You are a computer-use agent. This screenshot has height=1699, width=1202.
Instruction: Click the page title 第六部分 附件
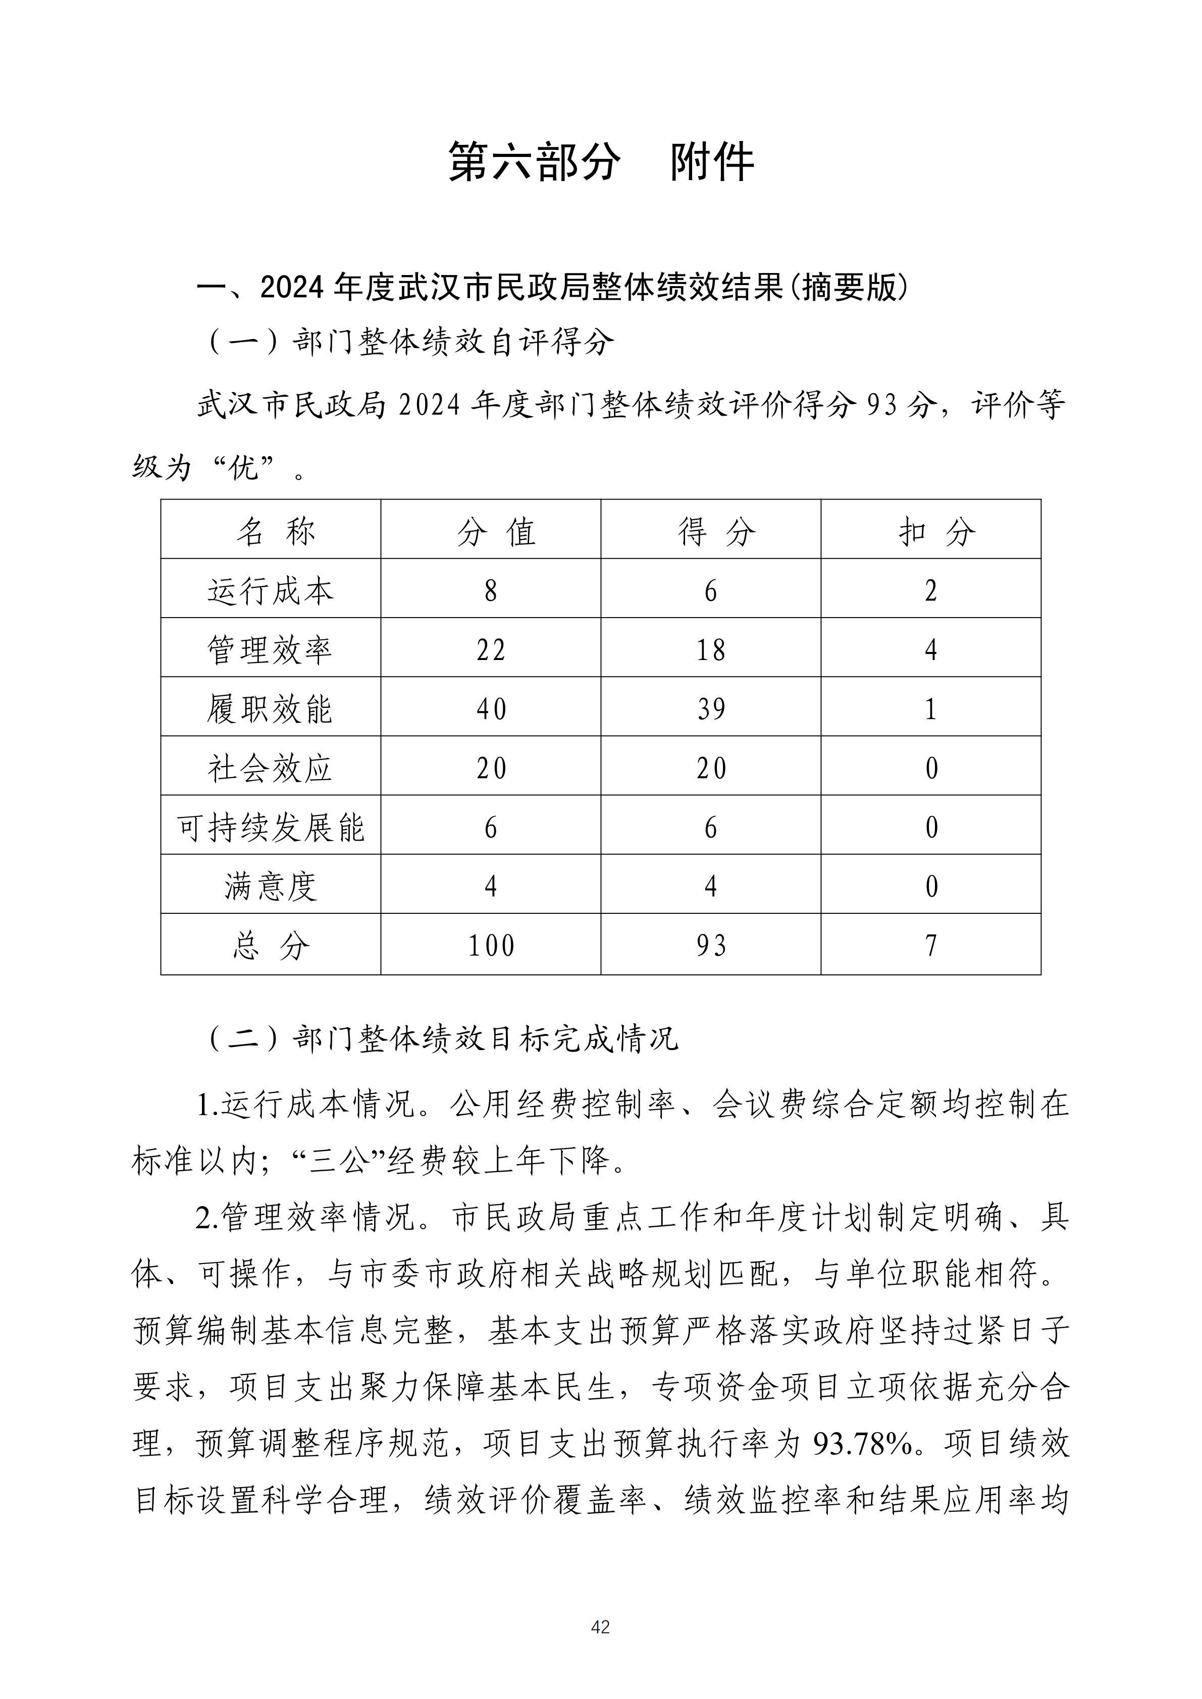pyautogui.click(x=600, y=161)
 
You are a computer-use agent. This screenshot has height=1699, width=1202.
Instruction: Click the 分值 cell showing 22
pyautogui.click(x=491, y=650)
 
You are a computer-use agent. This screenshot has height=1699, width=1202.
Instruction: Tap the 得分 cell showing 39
pyautogui.click(x=710, y=709)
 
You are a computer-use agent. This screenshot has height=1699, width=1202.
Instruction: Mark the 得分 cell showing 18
pyautogui.click(x=710, y=650)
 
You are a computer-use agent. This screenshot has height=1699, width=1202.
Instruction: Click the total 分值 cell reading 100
pyautogui.click(x=491, y=946)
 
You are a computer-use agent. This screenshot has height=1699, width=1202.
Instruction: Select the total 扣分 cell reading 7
pyautogui.click(x=931, y=946)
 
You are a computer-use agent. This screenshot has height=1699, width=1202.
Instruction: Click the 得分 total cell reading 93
pyautogui.click(x=710, y=946)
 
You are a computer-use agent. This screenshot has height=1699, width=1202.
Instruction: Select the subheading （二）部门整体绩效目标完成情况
pyautogui.click(x=441, y=1039)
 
